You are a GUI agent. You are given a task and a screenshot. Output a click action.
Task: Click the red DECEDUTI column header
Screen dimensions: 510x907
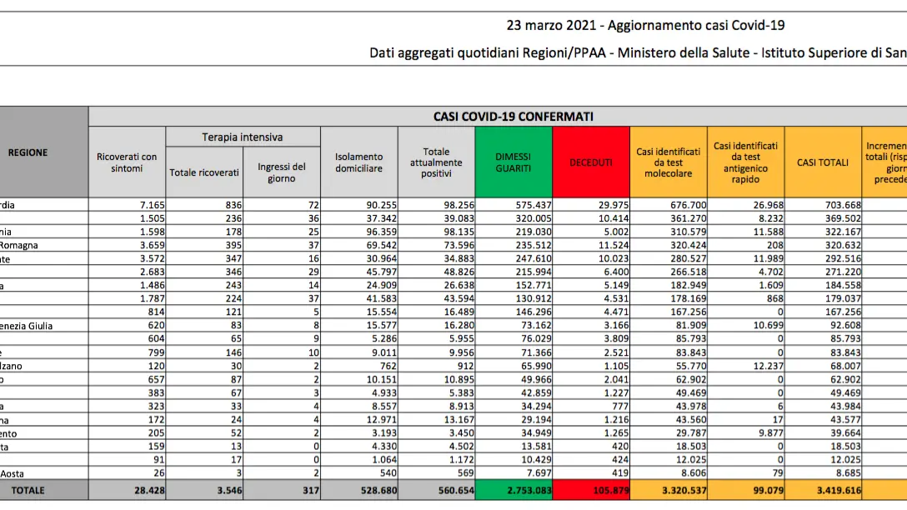point(591,162)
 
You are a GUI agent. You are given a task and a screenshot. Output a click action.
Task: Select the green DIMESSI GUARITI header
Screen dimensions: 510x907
point(513,162)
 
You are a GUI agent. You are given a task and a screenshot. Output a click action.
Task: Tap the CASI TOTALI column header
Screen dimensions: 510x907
point(823,162)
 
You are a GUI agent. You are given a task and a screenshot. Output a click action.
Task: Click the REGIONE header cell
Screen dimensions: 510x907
point(28,152)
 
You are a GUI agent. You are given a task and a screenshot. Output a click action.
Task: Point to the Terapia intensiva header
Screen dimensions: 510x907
point(243,137)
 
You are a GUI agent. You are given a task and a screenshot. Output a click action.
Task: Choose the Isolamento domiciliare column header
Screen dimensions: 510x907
point(359,162)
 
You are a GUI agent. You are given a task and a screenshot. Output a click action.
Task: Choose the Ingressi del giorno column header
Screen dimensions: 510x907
point(282,172)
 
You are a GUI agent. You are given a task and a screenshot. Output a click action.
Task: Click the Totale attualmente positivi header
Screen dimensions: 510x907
point(436,162)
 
